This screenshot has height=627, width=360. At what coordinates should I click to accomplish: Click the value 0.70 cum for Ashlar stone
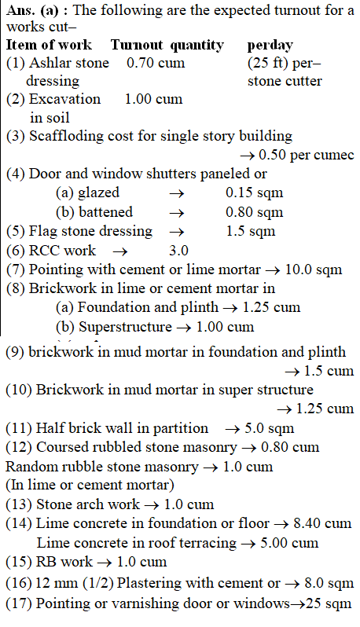click(156, 63)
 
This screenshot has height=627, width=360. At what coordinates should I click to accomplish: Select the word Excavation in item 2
click(64, 99)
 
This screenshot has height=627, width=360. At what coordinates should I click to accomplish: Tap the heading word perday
click(270, 46)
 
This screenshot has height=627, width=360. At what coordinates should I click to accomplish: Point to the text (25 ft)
click(267, 63)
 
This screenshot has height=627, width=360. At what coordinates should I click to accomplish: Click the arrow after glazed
click(176, 193)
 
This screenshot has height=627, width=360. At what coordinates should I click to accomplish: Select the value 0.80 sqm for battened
click(254, 212)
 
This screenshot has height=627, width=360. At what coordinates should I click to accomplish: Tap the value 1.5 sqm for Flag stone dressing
click(251, 231)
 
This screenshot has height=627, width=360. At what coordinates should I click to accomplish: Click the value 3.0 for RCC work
click(178, 251)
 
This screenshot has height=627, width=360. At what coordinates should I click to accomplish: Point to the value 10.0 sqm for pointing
click(314, 269)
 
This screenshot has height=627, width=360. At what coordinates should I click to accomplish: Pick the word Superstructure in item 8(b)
click(125, 327)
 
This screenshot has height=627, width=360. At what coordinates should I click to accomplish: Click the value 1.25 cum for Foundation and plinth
click(272, 307)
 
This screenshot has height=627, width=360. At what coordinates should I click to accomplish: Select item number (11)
click(19, 428)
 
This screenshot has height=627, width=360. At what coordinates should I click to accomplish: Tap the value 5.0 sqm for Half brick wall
click(269, 428)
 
